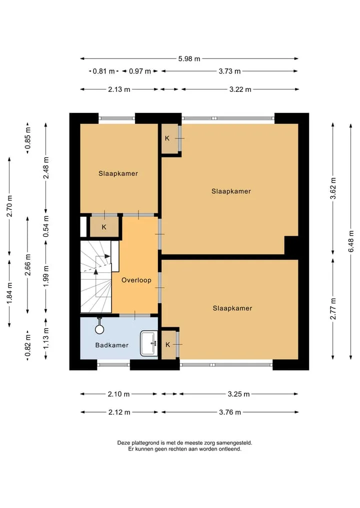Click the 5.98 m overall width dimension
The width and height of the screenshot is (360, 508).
tap(189, 58)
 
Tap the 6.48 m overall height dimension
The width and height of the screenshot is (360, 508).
tap(351, 241)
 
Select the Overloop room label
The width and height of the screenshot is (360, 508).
tap(136, 280)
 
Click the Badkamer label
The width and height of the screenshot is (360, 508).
tap(112, 345)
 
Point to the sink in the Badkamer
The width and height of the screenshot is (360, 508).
tap(148, 343)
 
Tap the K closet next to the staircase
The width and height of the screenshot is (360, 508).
tap(104, 227)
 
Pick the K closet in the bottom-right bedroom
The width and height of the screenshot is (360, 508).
tap(168, 345)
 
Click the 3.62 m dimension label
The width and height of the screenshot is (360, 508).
tap(333, 188)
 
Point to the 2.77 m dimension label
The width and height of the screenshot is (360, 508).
tap(333, 309)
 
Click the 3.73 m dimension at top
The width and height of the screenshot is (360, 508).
tap(229, 71)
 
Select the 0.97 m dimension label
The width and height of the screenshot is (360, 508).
tap(140, 71)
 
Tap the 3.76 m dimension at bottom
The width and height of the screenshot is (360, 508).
tap(230, 413)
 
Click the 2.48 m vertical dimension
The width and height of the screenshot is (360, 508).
tap(46, 168)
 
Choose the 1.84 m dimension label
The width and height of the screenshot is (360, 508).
tap(9, 293)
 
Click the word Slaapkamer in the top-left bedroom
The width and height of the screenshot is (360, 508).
tap(118, 174)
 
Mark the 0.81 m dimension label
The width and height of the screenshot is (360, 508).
tap(104, 71)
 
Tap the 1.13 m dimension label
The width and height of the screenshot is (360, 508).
tap(46, 338)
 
